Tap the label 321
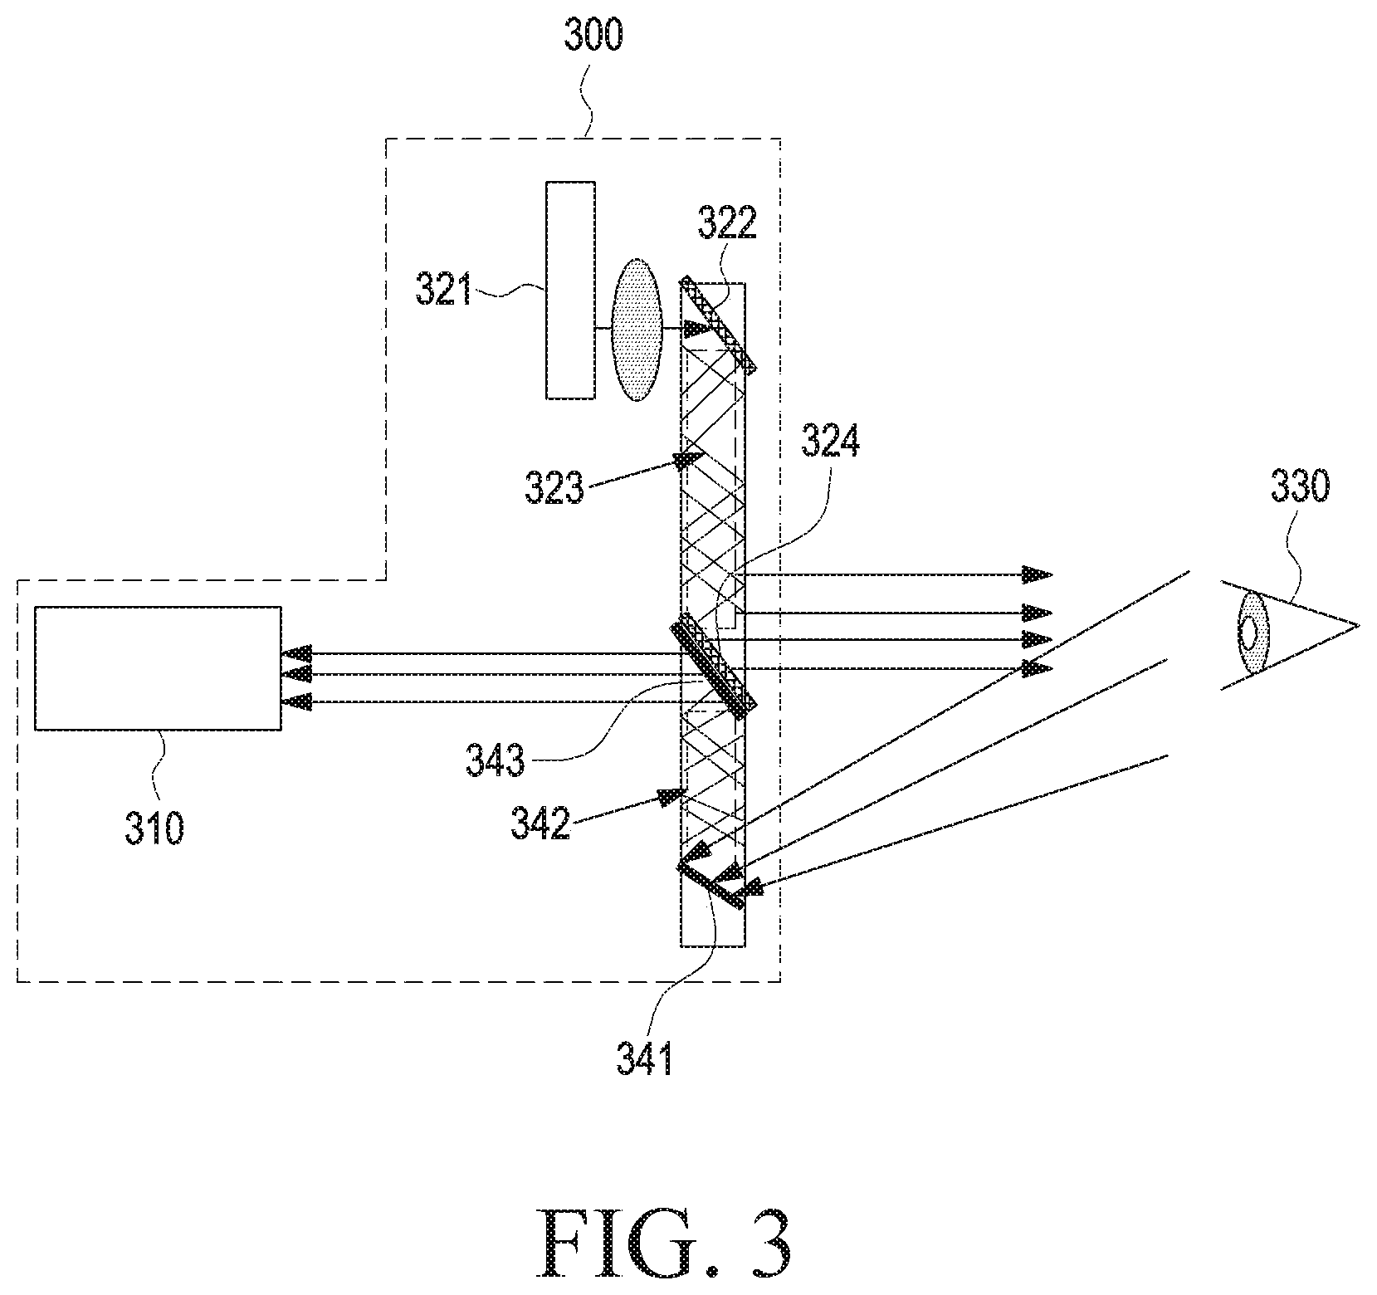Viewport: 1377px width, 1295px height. (x=443, y=292)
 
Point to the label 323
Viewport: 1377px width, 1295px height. (x=554, y=489)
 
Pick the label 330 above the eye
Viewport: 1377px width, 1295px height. (x=1300, y=487)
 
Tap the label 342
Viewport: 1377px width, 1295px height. (x=541, y=826)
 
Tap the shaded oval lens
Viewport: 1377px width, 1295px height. (x=636, y=330)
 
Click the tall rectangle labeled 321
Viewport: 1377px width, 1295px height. (x=570, y=291)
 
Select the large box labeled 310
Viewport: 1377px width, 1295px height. (x=158, y=668)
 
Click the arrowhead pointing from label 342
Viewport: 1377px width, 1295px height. (x=669, y=798)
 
